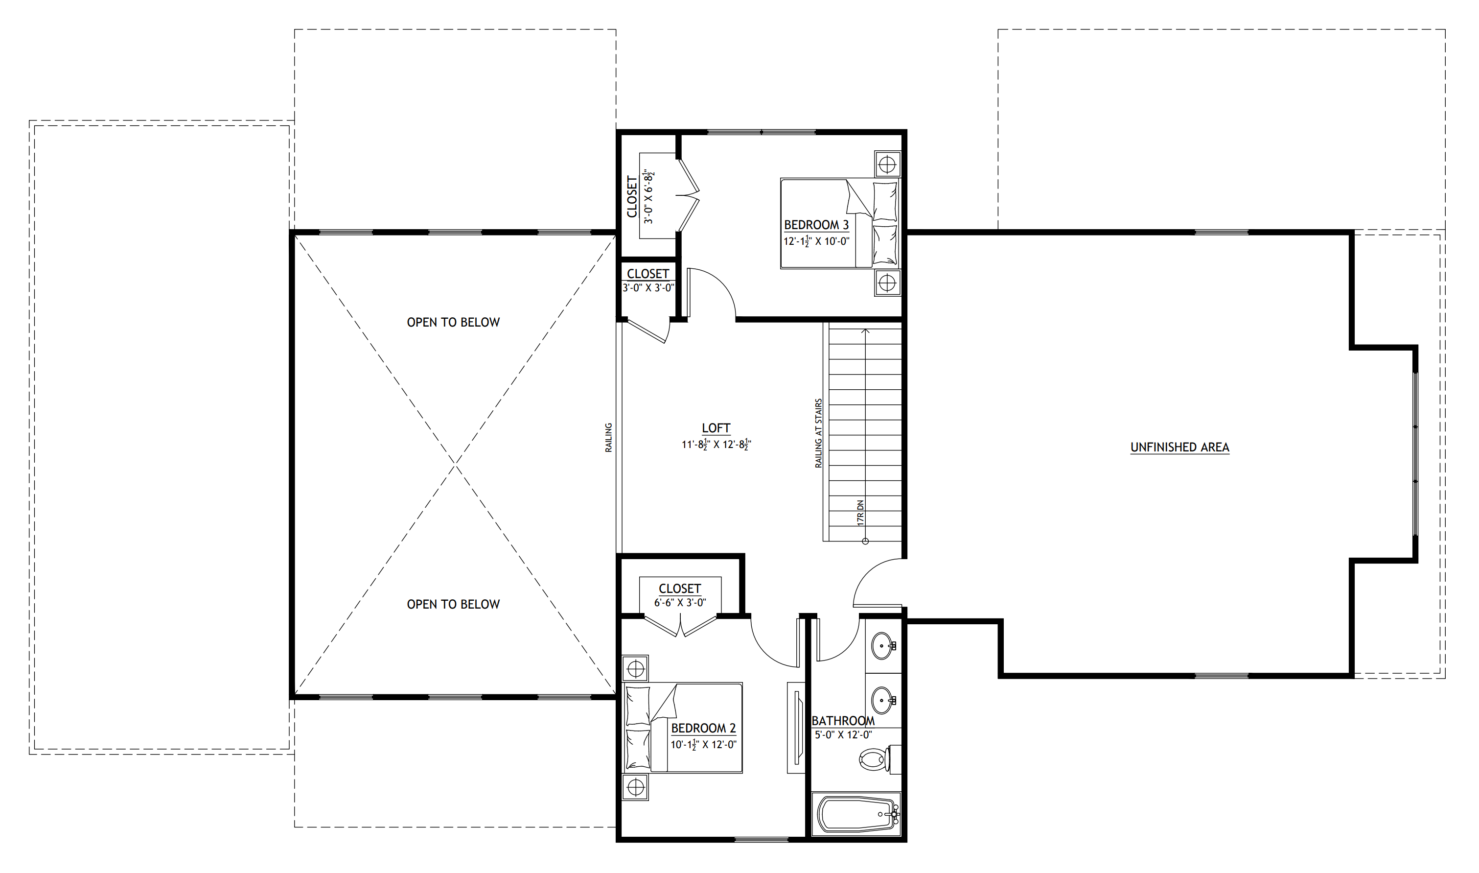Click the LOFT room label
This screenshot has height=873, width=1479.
[716, 428]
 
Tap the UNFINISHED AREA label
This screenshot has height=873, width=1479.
[1180, 447]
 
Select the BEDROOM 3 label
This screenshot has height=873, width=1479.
[816, 225]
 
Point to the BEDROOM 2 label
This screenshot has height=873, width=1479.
[704, 728]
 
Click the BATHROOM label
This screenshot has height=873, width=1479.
[843, 721]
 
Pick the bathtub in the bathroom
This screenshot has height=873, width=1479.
[856, 814]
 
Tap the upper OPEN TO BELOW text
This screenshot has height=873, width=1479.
[453, 322]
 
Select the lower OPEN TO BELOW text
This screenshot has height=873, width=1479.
[453, 604]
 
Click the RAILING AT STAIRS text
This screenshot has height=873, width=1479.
[818, 433]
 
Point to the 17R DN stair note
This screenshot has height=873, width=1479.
[860, 512]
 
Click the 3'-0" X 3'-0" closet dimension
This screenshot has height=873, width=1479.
[648, 288]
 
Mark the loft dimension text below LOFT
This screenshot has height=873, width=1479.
[716, 445]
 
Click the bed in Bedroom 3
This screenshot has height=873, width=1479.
[839, 224]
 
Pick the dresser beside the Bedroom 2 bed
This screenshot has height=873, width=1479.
[795, 728]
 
